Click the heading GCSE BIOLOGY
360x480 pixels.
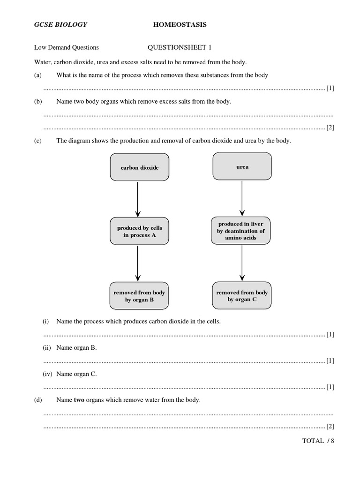pos(60,24)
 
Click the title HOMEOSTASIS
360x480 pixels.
pos(180,24)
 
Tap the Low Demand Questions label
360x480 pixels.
pos(66,47)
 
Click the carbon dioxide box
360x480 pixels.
pos(139,167)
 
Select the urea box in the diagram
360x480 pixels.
pos(242,167)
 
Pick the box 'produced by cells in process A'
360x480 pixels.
pos(139,232)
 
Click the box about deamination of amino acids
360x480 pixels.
pos(241,231)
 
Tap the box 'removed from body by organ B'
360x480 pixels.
pos(139,296)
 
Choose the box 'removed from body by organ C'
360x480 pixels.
pos(241,296)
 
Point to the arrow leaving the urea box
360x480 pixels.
pos(241,197)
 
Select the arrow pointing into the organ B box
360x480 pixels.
pos(137,263)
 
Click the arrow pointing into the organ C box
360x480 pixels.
pos(241,263)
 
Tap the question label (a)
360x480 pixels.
pos(38,75)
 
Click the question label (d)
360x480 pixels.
pos(38,400)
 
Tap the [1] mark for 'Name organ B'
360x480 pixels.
pos(330,360)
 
